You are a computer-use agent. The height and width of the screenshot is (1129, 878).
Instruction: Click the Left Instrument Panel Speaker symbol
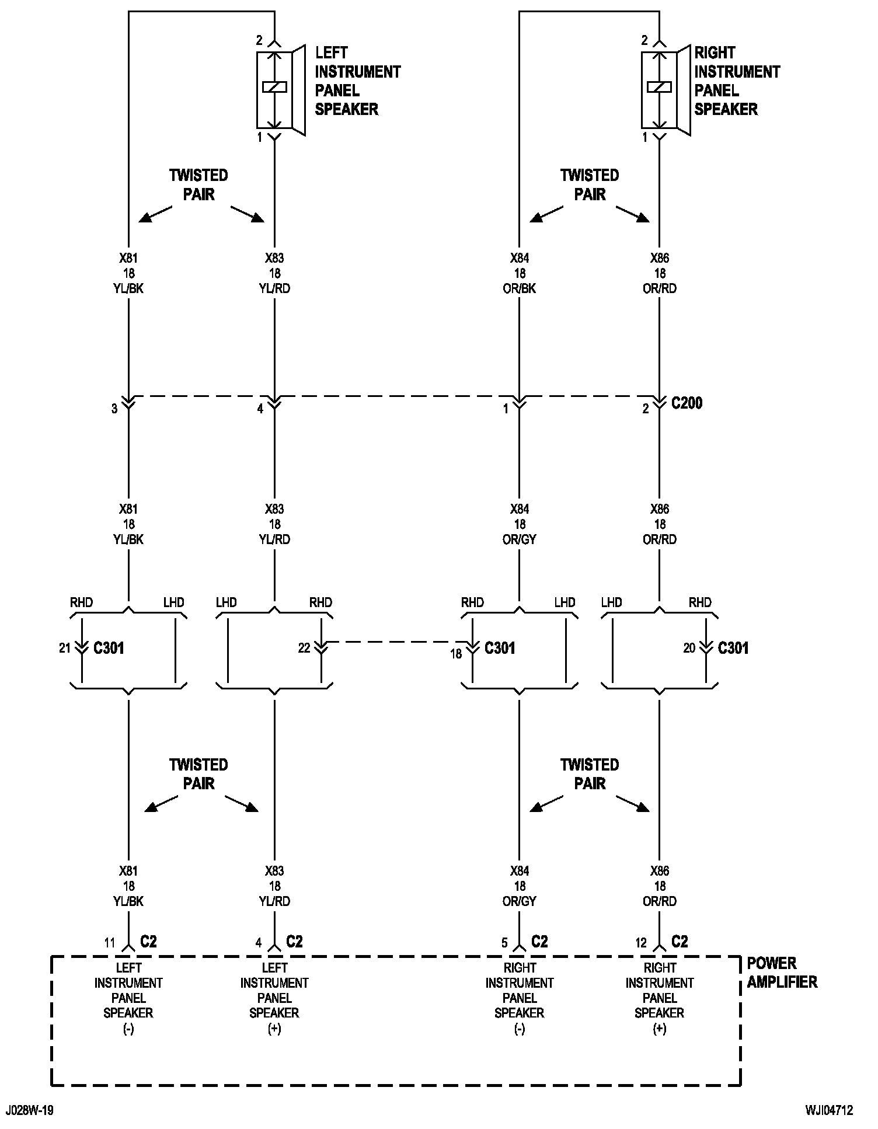click(281, 90)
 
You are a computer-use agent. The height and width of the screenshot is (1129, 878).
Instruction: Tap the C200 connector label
click(687, 403)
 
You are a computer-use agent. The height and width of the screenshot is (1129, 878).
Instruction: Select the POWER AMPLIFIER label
click(782, 973)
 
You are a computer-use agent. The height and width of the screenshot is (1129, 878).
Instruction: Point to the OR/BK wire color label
click(519, 288)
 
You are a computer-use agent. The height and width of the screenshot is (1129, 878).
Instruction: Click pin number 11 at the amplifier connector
click(110, 943)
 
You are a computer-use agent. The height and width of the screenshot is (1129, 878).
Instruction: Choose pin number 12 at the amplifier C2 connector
click(641, 943)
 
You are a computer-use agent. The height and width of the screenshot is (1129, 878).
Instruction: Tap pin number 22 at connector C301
click(304, 648)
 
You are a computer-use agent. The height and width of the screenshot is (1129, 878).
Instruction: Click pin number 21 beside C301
click(65, 648)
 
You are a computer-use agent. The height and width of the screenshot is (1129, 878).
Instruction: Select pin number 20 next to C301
click(689, 648)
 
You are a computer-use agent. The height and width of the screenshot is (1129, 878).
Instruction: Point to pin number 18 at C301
click(456, 654)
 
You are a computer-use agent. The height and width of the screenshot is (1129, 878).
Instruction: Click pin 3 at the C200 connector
click(114, 409)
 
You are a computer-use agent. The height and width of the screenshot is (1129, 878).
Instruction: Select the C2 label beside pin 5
click(540, 942)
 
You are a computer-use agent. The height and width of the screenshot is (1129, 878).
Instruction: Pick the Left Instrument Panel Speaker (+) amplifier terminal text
click(274, 998)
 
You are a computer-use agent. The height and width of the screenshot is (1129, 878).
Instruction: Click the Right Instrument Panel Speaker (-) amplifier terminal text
click(520, 998)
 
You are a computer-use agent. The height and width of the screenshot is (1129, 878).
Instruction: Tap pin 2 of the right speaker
click(644, 40)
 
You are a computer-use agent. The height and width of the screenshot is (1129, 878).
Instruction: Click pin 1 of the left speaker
click(260, 138)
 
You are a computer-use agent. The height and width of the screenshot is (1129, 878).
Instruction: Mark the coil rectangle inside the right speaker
click(660, 87)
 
